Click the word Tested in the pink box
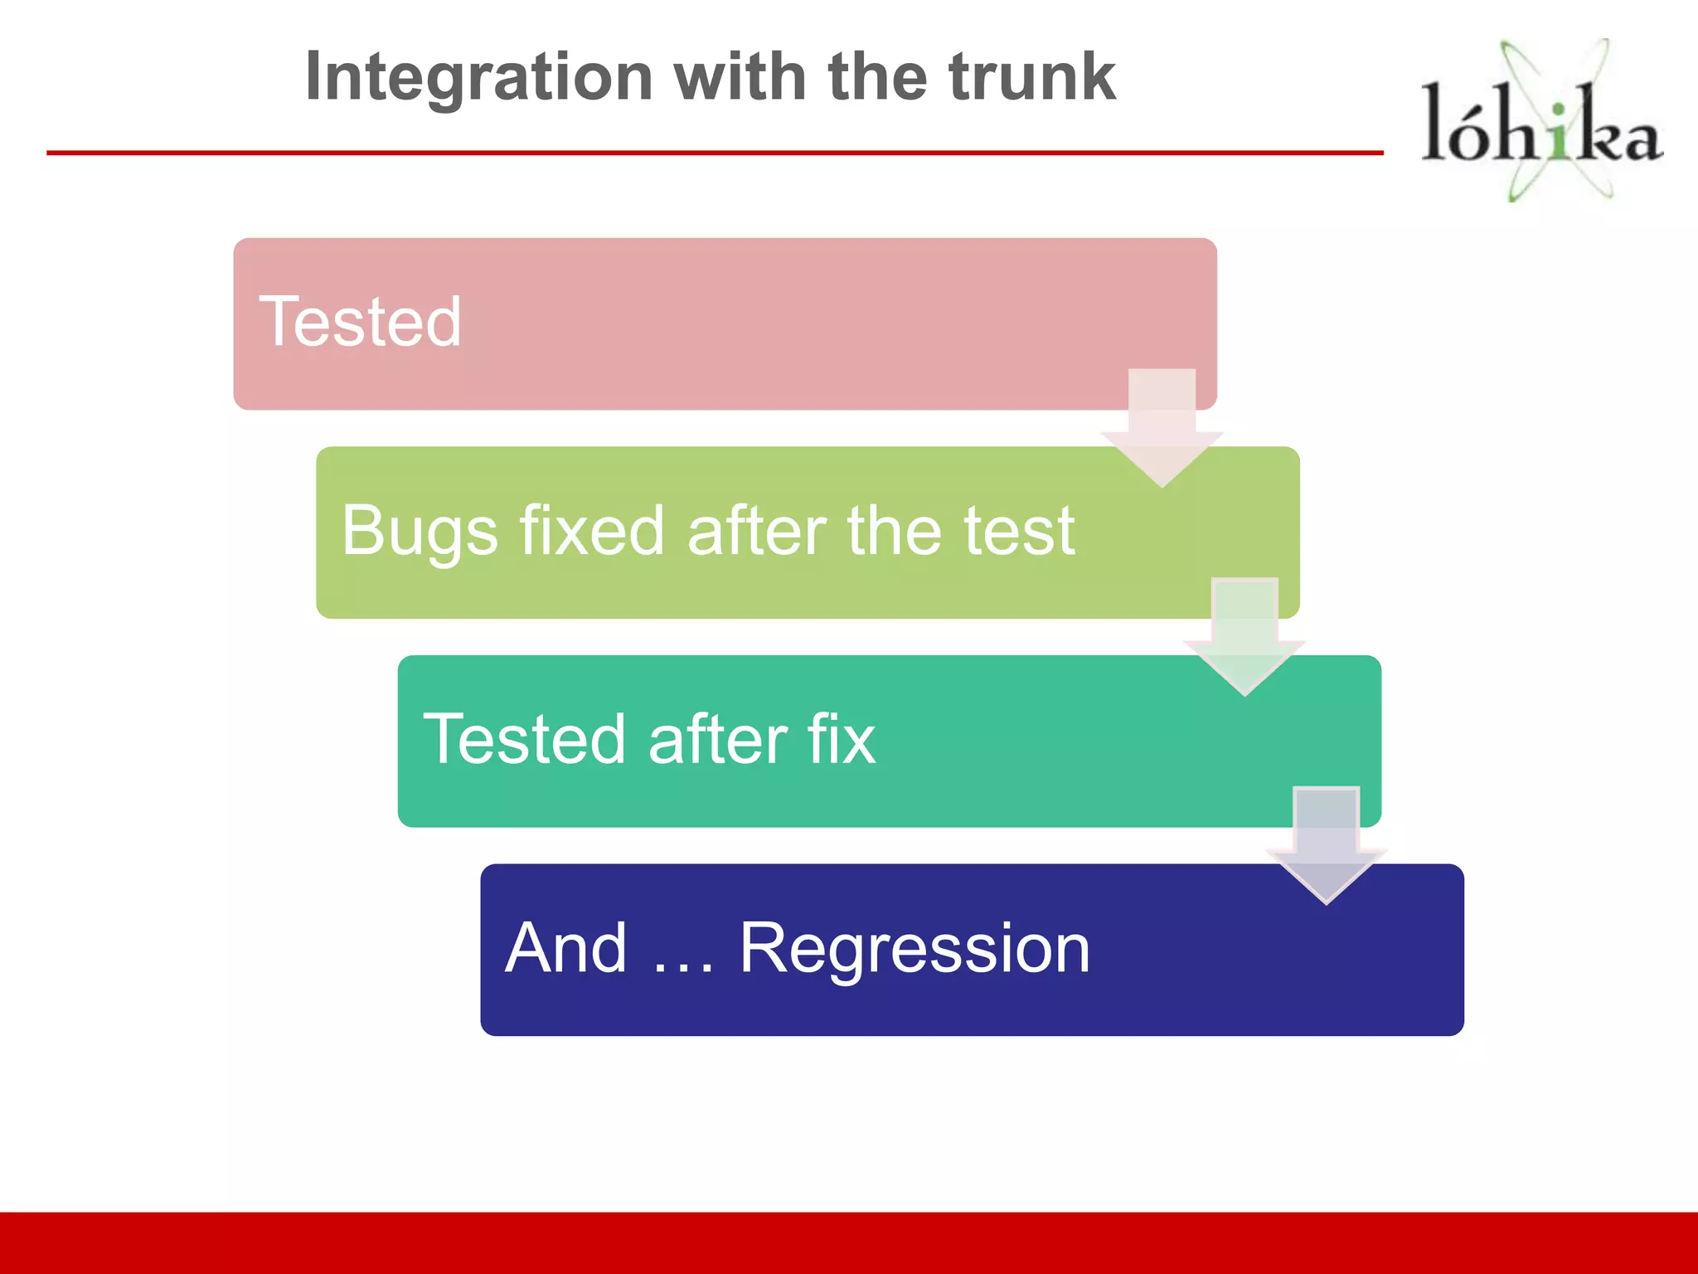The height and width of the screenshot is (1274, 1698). [361, 322]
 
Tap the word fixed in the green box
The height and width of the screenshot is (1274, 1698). [592, 531]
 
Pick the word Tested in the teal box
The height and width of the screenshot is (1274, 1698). [524, 739]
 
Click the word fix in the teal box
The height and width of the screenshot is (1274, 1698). [842, 739]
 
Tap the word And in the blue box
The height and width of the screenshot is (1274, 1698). [566, 948]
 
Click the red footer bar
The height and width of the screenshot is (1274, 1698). [849, 1242]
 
